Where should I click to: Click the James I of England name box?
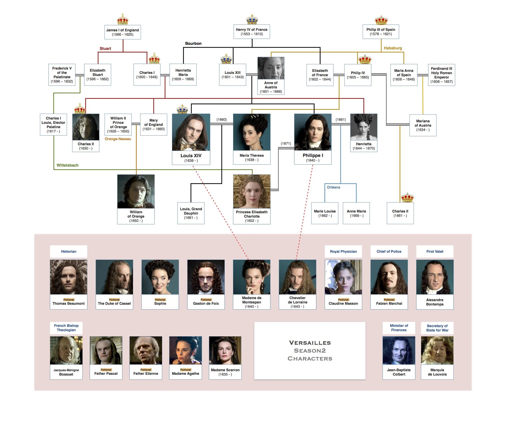click(x=122, y=32)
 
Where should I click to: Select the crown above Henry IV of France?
click(x=252, y=19)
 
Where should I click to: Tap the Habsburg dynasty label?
click(x=393, y=48)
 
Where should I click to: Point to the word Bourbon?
click(x=193, y=43)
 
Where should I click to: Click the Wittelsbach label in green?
click(x=67, y=165)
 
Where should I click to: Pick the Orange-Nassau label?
click(x=118, y=139)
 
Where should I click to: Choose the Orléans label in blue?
click(x=333, y=187)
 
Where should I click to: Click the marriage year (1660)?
click(x=221, y=119)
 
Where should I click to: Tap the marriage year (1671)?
click(x=286, y=143)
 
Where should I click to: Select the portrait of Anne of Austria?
click(x=271, y=68)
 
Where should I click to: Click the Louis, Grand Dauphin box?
click(x=191, y=213)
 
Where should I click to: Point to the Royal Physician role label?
click(x=343, y=251)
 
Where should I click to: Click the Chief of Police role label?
click(x=389, y=251)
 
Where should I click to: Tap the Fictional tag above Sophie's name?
click(x=160, y=300)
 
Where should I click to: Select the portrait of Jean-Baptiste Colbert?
click(x=399, y=350)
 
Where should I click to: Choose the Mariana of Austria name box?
click(x=423, y=125)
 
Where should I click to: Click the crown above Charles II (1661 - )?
click(x=407, y=197)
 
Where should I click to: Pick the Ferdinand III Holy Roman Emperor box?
click(x=441, y=75)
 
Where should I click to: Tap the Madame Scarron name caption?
click(x=225, y=372)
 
